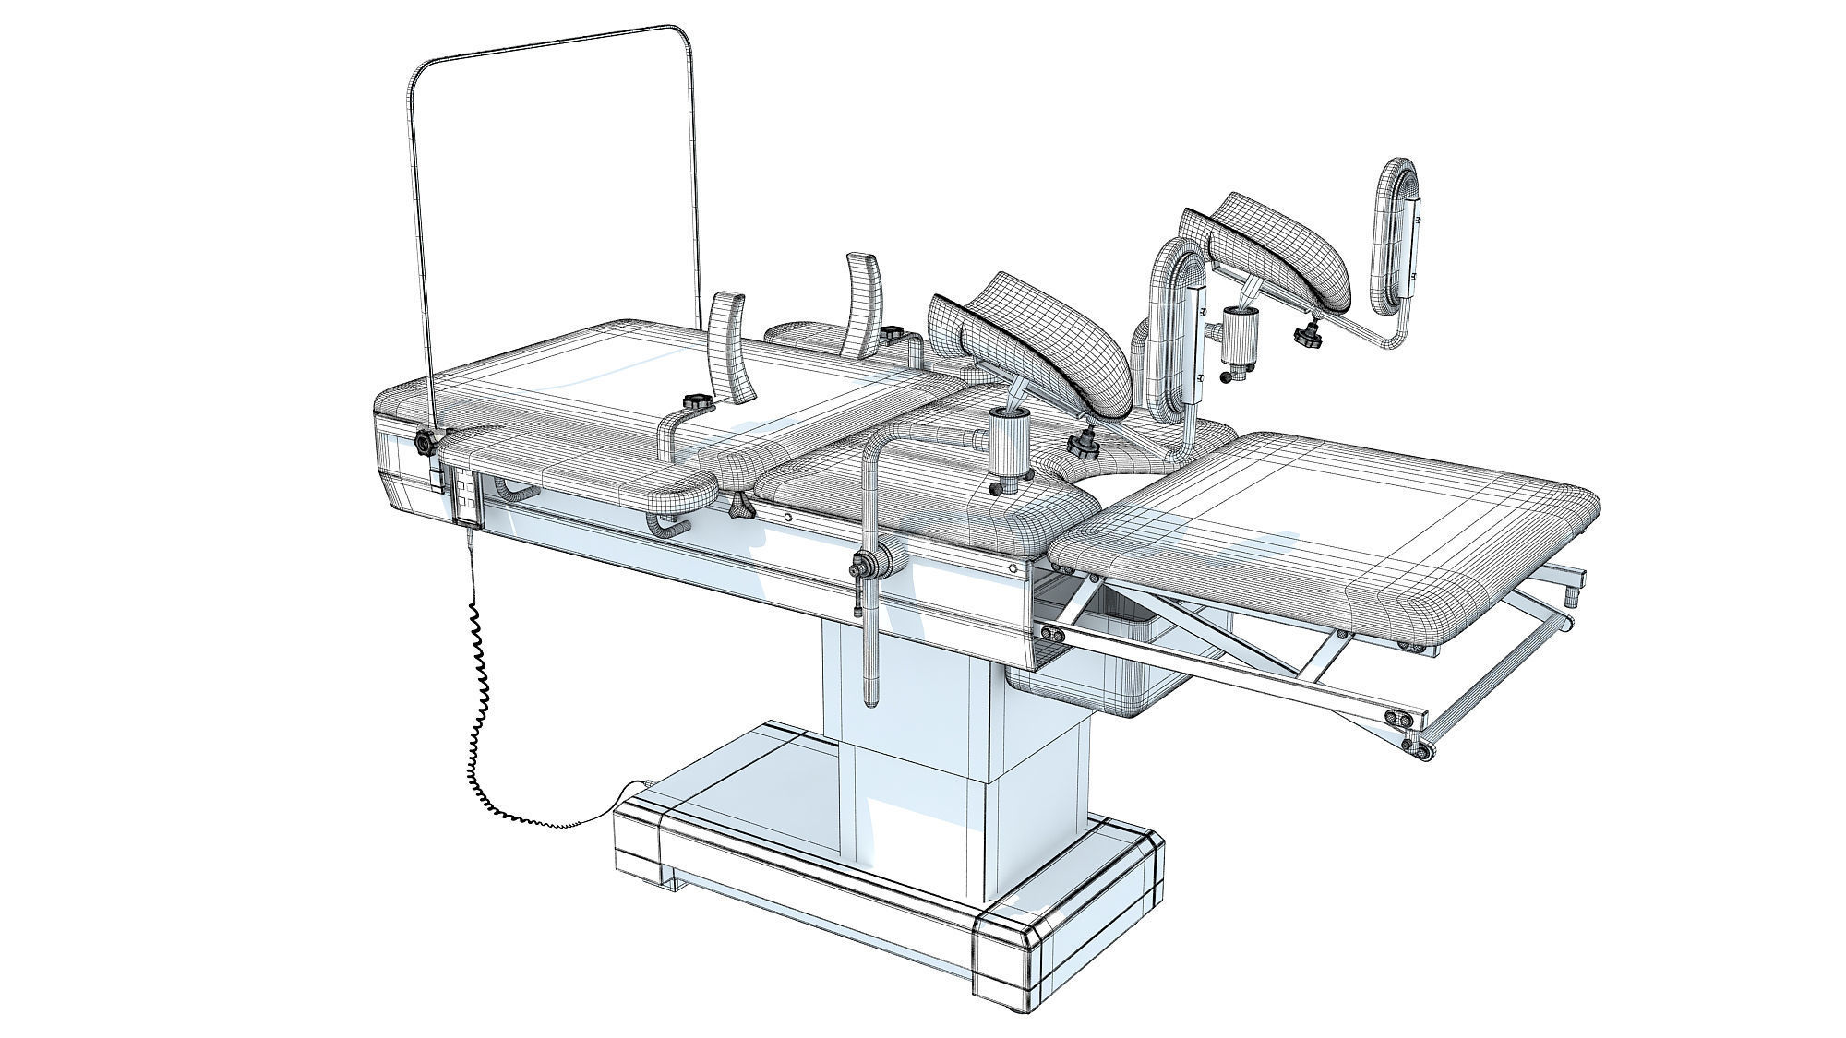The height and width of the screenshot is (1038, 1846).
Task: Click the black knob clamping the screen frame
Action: point(425,443)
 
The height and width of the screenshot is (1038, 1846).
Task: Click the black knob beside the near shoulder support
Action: point(693,401)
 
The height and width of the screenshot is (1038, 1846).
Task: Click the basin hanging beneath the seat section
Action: point(1098,664)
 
